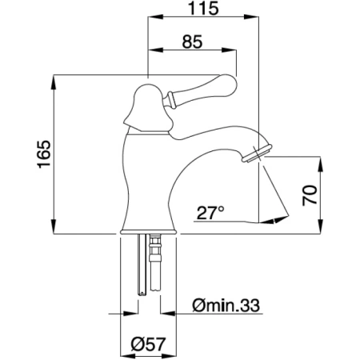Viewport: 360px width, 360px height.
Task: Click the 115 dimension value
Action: [x=203, y=8]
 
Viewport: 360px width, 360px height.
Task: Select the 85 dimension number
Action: [x=192, y=42]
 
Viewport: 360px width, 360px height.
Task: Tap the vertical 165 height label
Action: [x=44, y=154]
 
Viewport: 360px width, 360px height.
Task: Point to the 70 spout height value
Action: [x=310, y=195]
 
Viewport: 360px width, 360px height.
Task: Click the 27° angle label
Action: [x=210, y=213]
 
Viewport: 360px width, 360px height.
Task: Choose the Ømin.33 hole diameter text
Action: [x=226, y=306]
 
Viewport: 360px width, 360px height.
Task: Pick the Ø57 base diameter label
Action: [x=148, y=344]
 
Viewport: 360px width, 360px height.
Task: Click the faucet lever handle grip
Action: [x=202, y=90]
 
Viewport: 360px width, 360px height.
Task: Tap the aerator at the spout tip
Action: [x=257, y=153]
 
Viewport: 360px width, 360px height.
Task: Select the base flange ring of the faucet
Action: [x=149, y=232]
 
